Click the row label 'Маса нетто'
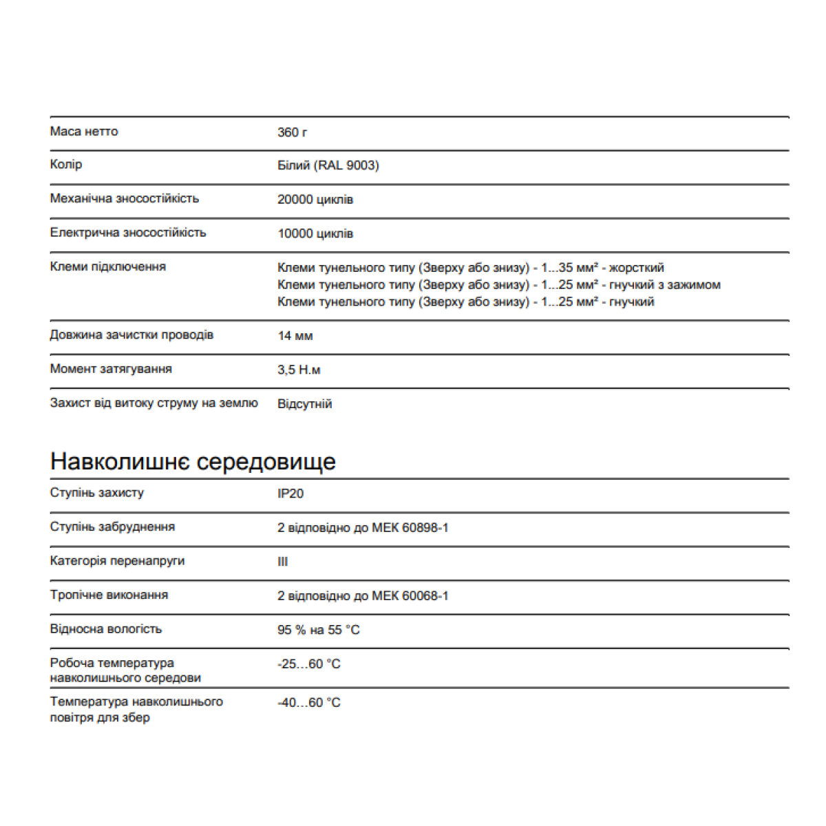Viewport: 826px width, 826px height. [84, 131]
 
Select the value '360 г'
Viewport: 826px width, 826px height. [292, 132]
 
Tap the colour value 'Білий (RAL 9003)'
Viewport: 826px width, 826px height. [328, 166]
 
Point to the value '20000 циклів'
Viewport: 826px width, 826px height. [315, 200]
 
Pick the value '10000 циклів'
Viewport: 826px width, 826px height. [315, 234]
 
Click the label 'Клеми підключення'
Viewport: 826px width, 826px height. [107, 267]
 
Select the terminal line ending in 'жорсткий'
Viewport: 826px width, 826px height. [470, 268]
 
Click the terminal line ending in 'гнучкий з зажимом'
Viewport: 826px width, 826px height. [498, 285]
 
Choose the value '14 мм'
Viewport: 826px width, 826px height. [295, 336]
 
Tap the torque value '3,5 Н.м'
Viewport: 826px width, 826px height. [299, 370]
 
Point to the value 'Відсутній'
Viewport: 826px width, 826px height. [304, 404]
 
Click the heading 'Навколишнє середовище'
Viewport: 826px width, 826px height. [193, 461]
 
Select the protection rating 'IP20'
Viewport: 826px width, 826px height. [290, 494]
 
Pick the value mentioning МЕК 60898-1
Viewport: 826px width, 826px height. [363, 528]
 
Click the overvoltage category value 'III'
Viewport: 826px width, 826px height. [282, 562]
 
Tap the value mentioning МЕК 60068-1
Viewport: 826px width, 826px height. [363, 596]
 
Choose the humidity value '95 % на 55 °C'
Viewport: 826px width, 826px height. [318, 630]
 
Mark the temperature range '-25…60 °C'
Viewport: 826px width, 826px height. [308, 664]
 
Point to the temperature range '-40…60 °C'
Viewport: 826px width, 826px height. [308, 703]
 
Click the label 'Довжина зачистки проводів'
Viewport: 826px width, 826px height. [131, 335]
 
